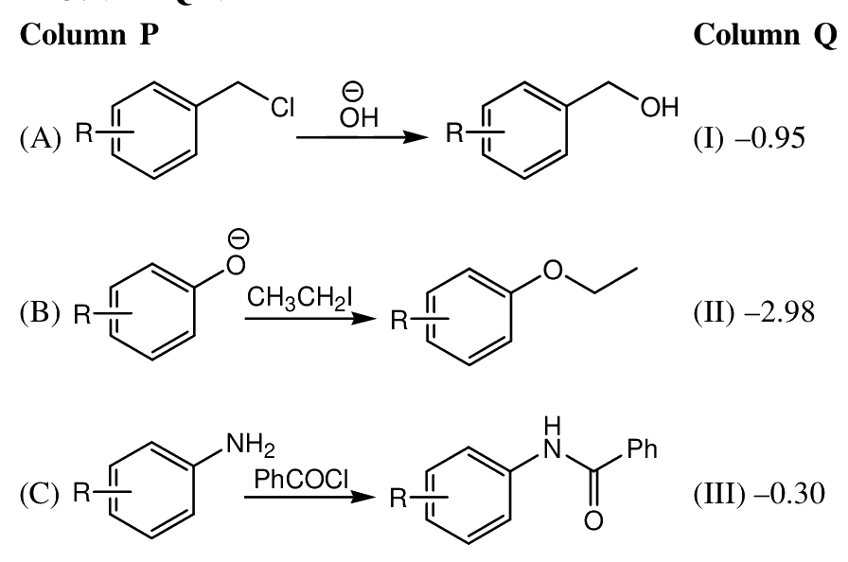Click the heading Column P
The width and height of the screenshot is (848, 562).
point(89,35)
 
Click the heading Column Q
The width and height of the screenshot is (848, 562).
point(765,36)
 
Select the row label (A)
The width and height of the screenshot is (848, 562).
point(40,138)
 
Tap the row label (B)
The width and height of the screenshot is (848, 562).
point(40,313)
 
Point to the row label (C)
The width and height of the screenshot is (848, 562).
point(40,494)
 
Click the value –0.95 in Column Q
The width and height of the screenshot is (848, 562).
point(769,138)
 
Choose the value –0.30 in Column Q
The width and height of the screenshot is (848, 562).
point(789,494)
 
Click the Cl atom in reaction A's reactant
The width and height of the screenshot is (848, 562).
point(283,108)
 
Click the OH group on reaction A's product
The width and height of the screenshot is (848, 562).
point(660,107)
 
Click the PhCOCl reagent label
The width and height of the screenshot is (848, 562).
point(301,479)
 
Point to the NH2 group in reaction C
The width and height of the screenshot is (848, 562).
point(251,446)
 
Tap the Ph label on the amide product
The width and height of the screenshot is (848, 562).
point(643,449)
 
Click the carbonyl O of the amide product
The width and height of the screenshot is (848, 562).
point(593,520)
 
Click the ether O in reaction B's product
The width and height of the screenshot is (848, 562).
point(552,270)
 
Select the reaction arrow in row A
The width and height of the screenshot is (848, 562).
point(362,137)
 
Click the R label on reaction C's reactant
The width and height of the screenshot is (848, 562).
point(82,492)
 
